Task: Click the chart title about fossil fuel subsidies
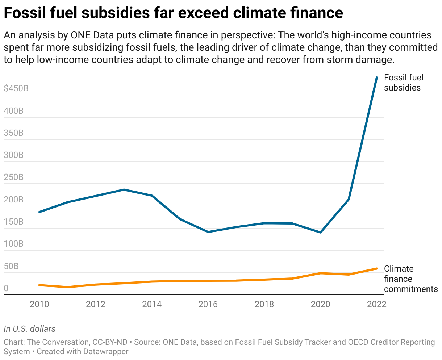[173, 13]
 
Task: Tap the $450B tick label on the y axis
[16, 89]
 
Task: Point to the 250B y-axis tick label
[14, 177]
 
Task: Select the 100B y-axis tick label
[14, 244]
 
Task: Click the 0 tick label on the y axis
[6, 289]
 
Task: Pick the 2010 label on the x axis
[39, 304]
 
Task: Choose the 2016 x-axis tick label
[208, 304]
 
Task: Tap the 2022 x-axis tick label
[376, 304]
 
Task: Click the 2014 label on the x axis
[152, 304]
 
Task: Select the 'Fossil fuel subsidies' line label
[403, 83]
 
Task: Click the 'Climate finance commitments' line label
[410, 279]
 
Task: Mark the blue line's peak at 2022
[376, 78]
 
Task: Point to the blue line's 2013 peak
[124, 189]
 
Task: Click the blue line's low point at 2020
[320, 232]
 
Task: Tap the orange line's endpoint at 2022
[376, 268]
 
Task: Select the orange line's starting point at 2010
[39, 285]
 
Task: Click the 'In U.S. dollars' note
[30, 329]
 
